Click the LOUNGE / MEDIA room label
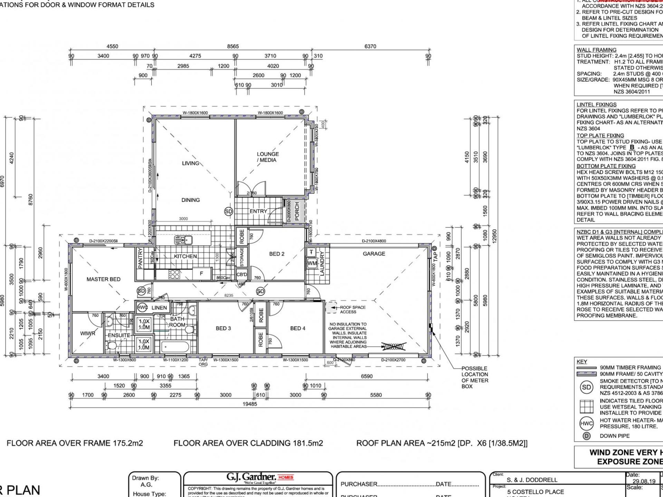[x=268, y=157]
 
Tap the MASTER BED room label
[x=103, y=279]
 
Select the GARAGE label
[x=374, y=254]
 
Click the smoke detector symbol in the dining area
[x=229, y=212]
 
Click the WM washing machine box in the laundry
[x=312, y=263]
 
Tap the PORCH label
[x=297, y=211]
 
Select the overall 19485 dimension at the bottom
[x=249, y=404]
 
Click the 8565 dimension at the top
[x=233, y=46]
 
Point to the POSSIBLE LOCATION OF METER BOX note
[x=475, y=377]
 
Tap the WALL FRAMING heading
[x=596, y=50]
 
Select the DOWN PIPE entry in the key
[x=614, y=436]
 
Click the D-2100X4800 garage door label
[x=374, y=241]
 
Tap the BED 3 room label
[x=223, y=328]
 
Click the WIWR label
[x=87, y=333]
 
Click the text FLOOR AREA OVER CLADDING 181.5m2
[x=248, y=443]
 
